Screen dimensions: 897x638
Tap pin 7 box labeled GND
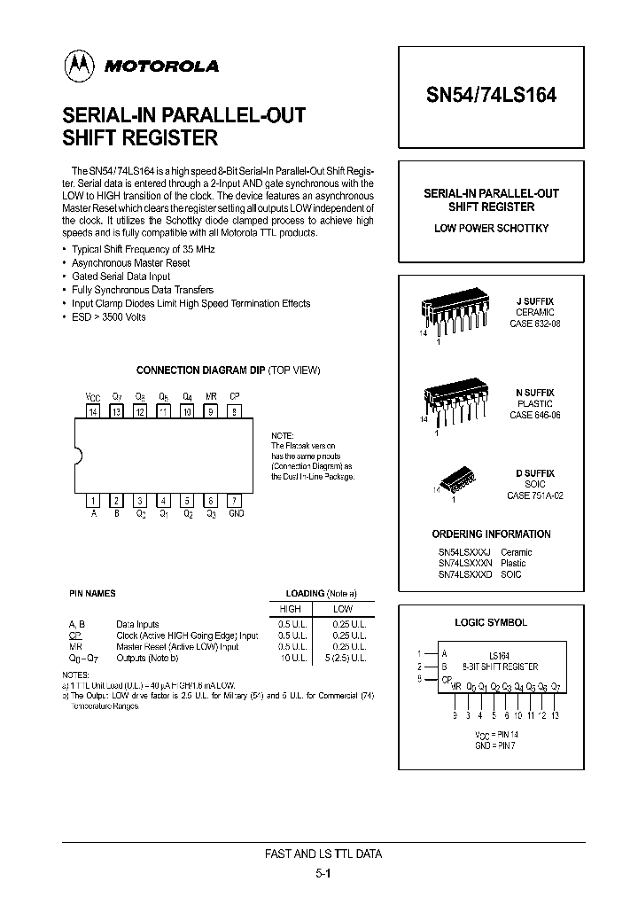(234, 500)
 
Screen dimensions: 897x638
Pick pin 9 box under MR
(210, 411)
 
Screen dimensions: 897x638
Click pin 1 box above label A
(92, 500)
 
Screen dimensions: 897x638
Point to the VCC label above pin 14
(92, 397)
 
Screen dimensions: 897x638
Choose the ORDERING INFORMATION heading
(491, 534)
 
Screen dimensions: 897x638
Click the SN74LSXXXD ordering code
(464, 574)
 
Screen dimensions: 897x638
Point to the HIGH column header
(290, 609)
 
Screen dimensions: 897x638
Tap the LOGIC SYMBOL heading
(490, 623)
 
